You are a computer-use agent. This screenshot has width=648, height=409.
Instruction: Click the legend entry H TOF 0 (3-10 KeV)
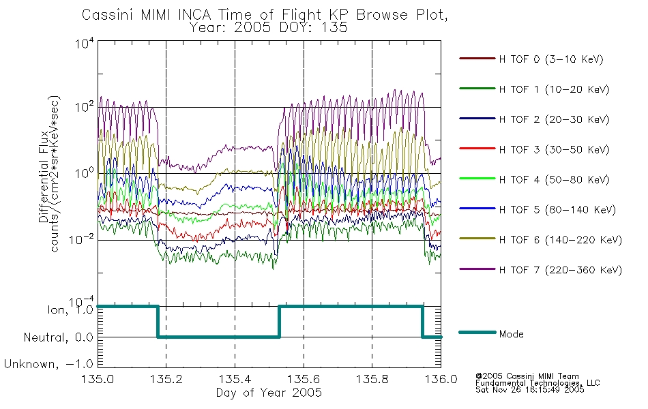click(x=551, y=59)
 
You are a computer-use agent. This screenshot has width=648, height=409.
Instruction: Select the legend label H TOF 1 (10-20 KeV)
click(x=554, y=89)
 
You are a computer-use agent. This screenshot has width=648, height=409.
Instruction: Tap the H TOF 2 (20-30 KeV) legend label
click(x=554, y=119)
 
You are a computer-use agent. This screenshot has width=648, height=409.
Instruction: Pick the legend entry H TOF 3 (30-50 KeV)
click(x=554, y=149)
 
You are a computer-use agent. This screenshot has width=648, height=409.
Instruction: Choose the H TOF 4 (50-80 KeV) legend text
click(x=554, y=180)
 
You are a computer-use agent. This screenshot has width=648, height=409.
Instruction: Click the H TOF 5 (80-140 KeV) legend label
click(x=557, y=210)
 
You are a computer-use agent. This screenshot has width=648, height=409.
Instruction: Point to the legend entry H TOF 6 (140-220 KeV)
click(x=561, y=240)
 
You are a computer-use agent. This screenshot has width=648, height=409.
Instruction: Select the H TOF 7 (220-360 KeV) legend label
click(x=561, y=270)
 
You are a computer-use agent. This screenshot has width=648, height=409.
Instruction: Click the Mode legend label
click(x=511, y=334)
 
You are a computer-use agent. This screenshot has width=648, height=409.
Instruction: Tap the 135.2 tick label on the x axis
click(x=166, y=379)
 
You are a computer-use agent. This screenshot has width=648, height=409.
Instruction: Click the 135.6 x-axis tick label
click(x=304, y=379)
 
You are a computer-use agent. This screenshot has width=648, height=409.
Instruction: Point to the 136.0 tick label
click(x=441, y=379)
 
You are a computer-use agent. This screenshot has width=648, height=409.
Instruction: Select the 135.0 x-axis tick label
click(x=98, y=379)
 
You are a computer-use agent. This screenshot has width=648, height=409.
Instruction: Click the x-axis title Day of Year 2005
click(x=269, y=393)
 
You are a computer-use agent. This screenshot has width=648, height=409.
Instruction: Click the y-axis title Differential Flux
click(x=44, y=177)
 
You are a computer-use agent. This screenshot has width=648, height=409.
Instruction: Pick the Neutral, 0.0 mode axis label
click(x=58, y=338)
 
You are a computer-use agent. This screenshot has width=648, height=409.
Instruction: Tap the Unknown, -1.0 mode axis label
click(x=48, y=365)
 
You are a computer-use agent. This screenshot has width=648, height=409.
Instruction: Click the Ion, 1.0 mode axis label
click(x=70, y=310)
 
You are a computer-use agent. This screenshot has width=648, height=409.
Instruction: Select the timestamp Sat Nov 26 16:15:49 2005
click(x=530, y=389)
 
